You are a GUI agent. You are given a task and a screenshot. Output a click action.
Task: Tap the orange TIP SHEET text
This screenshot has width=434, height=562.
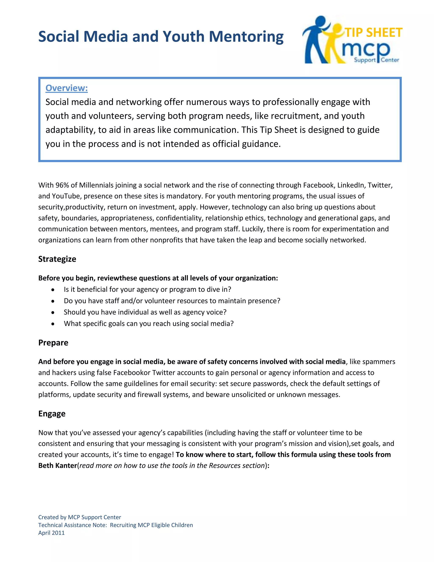(374, 33)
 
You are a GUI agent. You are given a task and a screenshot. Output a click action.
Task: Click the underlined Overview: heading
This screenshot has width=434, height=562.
(67, 88)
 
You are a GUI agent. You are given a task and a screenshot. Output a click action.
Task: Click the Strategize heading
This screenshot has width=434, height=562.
(57, 259)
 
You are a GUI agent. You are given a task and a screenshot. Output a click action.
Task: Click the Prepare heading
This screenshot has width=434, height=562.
(53, 343)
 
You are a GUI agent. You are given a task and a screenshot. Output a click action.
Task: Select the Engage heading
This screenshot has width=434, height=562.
(52, 414)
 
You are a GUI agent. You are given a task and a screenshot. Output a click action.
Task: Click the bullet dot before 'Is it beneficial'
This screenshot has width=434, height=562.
(53, 290)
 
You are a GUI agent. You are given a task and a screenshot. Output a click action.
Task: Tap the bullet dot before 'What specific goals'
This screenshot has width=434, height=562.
(53, 324)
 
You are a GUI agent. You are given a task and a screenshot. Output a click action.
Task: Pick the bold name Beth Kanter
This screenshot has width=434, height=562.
(58, 466)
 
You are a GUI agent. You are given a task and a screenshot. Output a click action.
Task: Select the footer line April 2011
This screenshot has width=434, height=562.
(51, 533)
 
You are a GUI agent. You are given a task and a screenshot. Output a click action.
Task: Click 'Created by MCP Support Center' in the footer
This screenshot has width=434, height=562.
(79, 517)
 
